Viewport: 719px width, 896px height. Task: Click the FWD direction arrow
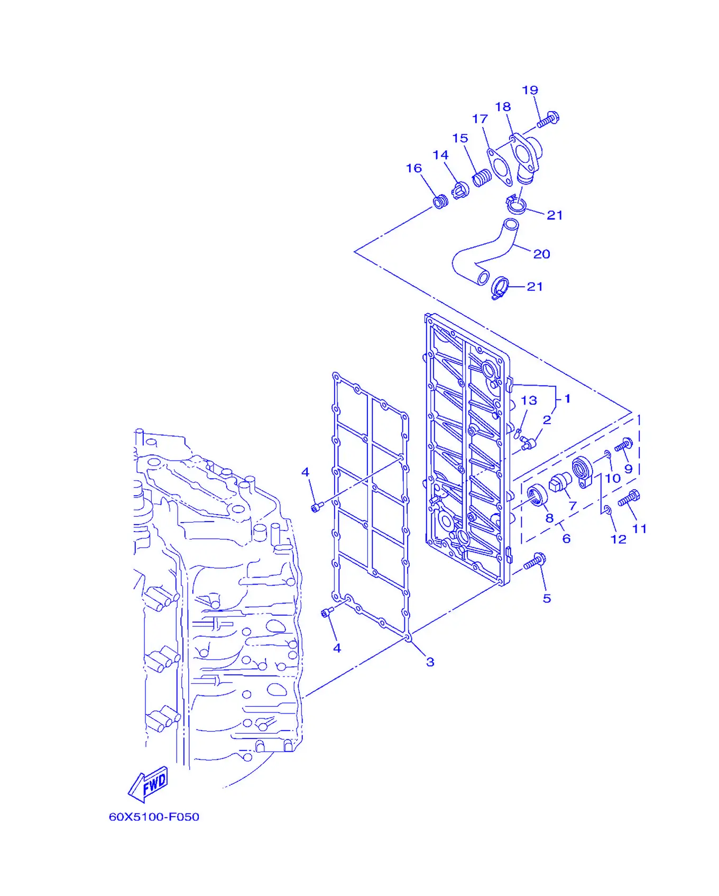click(149, 784)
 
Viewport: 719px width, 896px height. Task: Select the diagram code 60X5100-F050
click(154, 817)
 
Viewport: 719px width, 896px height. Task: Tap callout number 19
click(530, 90)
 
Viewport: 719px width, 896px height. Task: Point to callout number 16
click(414, 168)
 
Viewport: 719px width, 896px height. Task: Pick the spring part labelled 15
click(482, 178)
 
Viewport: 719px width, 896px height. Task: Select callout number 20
click(541, 254)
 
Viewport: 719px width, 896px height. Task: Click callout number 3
click(430, 662)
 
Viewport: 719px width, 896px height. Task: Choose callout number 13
click(529, 400)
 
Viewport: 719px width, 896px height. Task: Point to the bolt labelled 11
click(629, 498)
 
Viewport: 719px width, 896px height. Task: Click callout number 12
click(618, 539)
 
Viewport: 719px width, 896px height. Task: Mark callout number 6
click(566, 538)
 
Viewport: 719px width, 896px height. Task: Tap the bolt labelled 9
click(624, 445)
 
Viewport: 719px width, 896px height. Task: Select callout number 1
click(567, 398)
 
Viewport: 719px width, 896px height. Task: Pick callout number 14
click(440, 155)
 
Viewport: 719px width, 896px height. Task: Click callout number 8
click(549, 518)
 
